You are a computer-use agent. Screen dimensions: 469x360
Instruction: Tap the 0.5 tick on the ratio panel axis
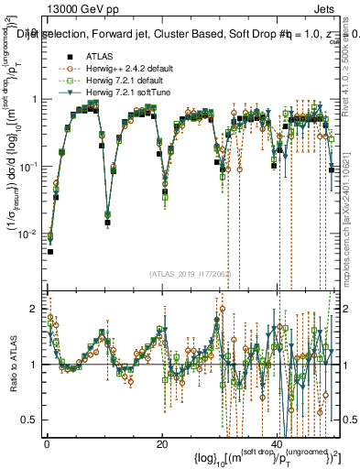(x=32, y=420)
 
